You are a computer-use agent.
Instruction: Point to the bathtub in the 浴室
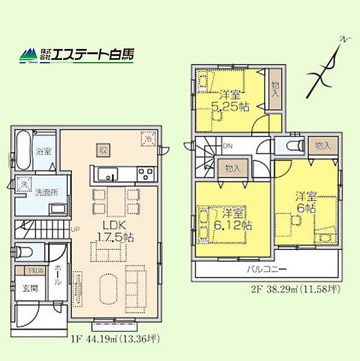click(23, 153)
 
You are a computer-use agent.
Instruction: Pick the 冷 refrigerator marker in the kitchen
click(149, 140)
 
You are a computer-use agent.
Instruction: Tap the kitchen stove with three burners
click(145, 173)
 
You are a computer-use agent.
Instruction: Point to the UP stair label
click(75, 229)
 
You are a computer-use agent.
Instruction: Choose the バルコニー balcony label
click(267, 270)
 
